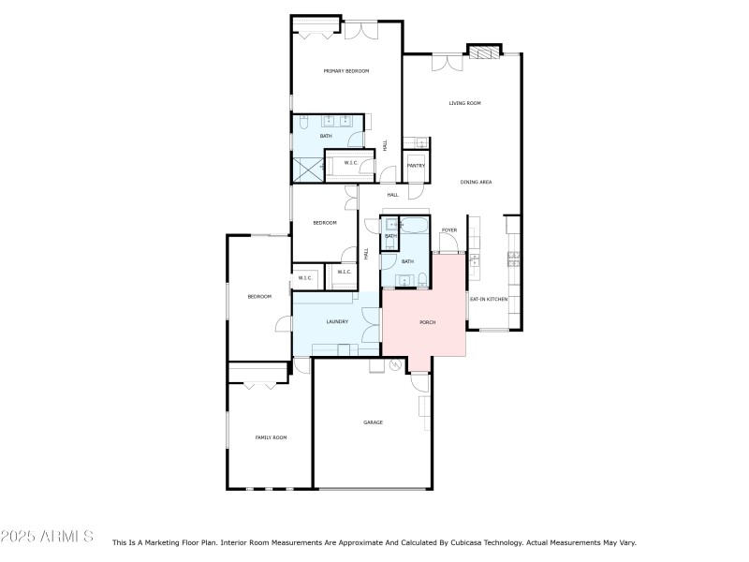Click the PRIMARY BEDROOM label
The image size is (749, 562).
tap(345, 71)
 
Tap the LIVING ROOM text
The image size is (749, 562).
tap(464, 103)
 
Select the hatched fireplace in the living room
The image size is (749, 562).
tap(484, 52)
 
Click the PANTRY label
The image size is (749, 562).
tap(416, 166)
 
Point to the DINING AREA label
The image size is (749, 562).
tap(476, 182)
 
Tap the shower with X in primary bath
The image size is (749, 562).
tap(307, 169)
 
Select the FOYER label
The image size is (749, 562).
tap(449, 229)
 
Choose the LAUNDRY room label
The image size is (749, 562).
tap(337, 322)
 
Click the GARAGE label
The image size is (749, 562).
tap(373, 422)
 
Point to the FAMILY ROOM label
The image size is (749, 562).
tap(271, 437)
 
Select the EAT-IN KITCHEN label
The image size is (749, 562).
tap(489, 299)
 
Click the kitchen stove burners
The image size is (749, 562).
tap(514, 258)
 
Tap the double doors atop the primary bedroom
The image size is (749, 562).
tap(360, 29)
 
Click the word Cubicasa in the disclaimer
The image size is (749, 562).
tap(438, 542)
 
